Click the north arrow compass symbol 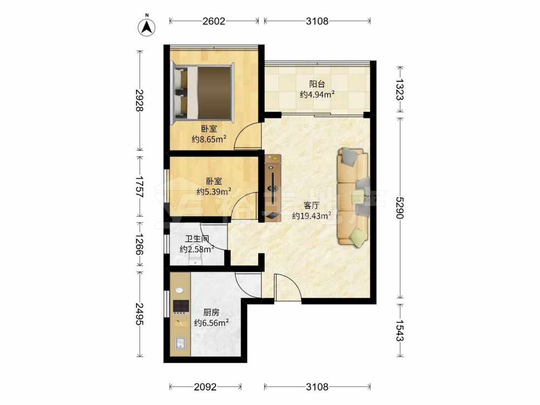pos(147,27)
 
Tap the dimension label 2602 pos(214,22)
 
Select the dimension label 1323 pos(400,90)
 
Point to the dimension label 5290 pos(400,208)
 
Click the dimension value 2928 pos(139,100)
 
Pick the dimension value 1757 pos(139,186)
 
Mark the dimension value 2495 pos(139,314)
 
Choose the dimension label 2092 pos(205,387)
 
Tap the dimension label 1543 pos(400,330)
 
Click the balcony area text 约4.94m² pos(318,94)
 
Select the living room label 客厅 pos(312,206)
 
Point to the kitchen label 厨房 pos(211,312)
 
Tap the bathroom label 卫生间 pos(197,239)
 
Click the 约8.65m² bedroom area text pos(209,139)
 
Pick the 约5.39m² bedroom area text pos(214,191)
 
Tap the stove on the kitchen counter pos(181,306)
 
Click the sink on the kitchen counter pos(180,343)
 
